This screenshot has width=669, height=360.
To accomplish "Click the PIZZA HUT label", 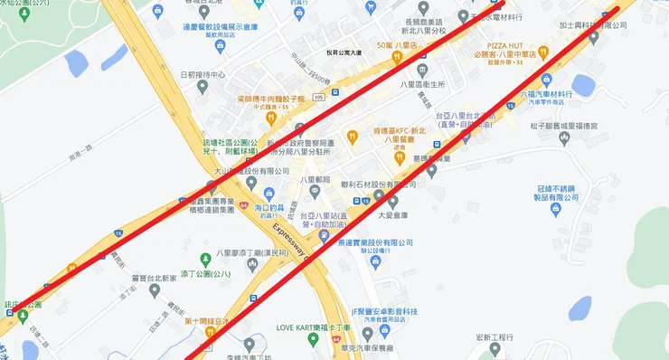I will [x=514, y=43].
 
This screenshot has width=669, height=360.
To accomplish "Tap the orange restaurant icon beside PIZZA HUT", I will [x=542, y=52].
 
